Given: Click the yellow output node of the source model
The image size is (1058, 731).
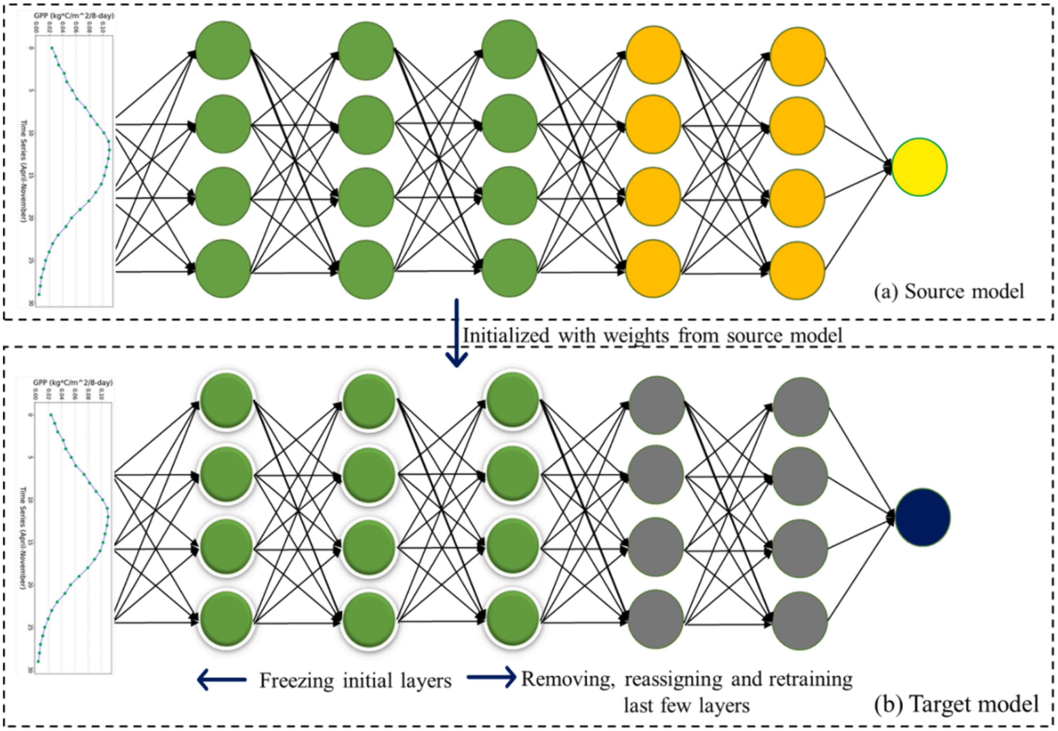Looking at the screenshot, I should point(919,167).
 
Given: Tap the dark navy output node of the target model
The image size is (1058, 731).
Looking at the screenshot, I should point(922,517).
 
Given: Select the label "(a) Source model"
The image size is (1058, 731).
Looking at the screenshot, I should point(949,292).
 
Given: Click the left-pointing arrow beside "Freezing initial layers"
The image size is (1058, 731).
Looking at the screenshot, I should point(222,680).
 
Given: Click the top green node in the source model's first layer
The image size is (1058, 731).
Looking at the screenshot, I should point(223,50).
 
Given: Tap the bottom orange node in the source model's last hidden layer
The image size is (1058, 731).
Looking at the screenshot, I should point(797,271).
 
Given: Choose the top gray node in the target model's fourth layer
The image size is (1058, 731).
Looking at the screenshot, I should point(657,405).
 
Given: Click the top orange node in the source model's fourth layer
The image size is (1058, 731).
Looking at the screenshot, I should point(653,55).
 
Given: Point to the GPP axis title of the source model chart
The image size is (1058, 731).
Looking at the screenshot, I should point(74,16).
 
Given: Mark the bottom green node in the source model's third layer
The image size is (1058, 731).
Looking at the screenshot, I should point(510,268).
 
